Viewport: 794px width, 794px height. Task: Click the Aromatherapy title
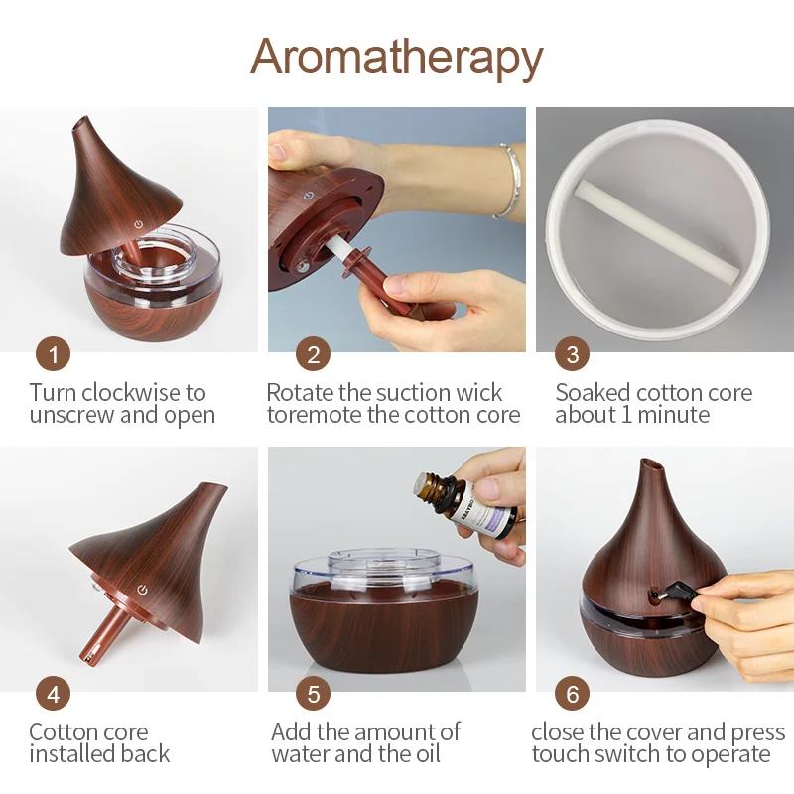tap(396, 57)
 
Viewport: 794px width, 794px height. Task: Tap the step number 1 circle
tap(53, 353)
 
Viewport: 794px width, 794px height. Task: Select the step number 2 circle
tap(314, 353)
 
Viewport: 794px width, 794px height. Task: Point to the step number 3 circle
tap(572, 353)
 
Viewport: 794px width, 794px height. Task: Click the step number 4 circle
tap(53, 693)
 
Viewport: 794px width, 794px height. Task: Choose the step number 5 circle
tap(314, 693)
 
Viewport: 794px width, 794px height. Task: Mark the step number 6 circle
tap(572, 693)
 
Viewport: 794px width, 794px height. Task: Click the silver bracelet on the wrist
tap(508, 179)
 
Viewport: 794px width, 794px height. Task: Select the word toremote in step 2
tap(314, 415)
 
